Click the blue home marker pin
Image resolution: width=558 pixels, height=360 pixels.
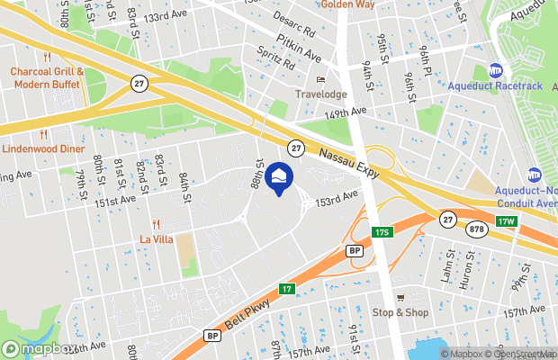(x=279, y=176)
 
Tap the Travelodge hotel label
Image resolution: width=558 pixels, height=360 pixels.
(x=320, y=94)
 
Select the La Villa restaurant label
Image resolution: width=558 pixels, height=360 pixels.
(x=156, y=238)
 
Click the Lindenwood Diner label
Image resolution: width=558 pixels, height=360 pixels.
(x=42, y=148)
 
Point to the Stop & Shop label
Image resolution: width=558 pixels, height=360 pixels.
(x=401, y=312)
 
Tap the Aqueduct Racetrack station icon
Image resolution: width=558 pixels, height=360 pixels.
(x=495, y=70)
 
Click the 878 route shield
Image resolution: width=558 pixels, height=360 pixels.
(x=474, y=229)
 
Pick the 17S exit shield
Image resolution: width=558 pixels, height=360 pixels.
(x=382, y=232)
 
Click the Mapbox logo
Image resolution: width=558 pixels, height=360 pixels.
(x=40, y=348)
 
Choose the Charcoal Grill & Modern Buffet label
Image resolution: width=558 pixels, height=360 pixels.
(x=47, y=78)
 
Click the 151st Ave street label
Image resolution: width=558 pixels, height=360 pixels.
(x=115, y=203)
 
